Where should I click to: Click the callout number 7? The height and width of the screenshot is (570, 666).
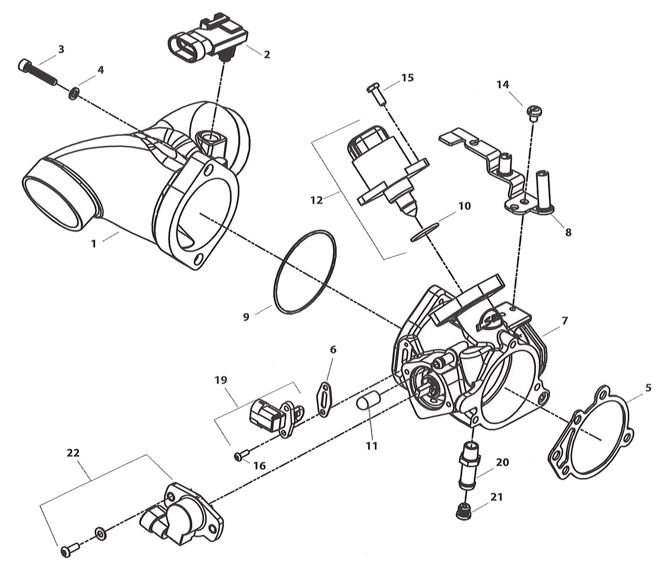tap(564, 321)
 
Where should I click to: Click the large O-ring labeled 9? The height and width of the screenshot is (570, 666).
tap(305, 271)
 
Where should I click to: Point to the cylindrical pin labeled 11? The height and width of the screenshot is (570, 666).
tap(367, 402)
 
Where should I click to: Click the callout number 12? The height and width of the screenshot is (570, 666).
tap(316, 200)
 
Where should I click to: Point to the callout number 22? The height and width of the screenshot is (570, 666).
tap(73, 452)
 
